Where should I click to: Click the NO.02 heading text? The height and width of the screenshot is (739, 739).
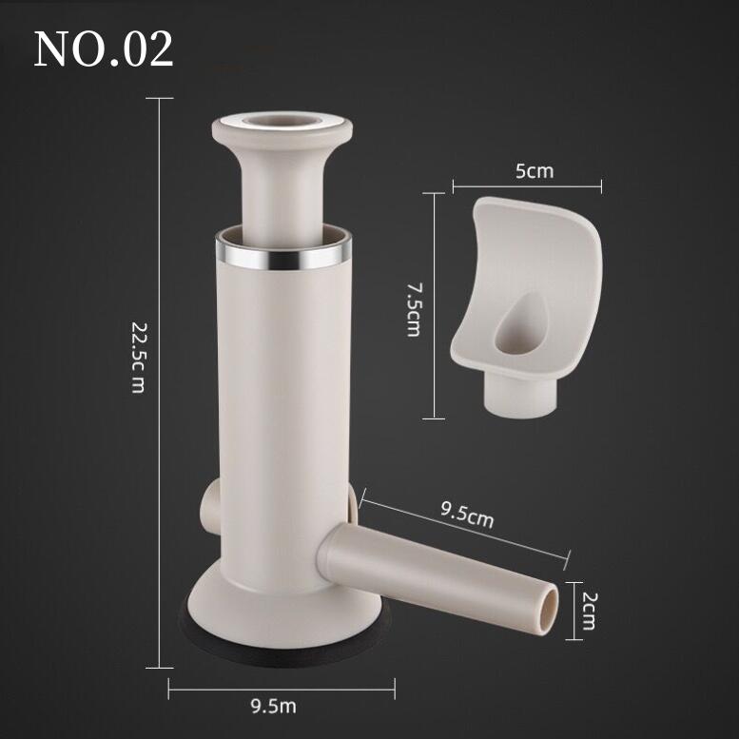pos(104,49)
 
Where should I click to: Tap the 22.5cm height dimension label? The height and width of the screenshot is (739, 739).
pos(138,358)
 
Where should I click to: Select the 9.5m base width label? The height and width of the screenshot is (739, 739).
pos(273,707)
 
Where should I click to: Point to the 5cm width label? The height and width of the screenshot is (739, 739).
pos(535,171)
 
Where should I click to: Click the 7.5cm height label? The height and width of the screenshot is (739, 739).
pos(414,309)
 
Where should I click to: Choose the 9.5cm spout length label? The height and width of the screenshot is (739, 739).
pos(467,515)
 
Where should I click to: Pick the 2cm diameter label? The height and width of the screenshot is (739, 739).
pos(588,611)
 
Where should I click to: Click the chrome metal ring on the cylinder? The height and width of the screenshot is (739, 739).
pos(283,257)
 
